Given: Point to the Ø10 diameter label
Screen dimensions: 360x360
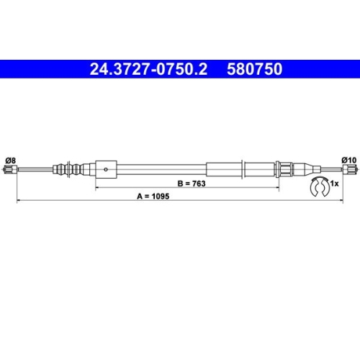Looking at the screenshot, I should (348, 160).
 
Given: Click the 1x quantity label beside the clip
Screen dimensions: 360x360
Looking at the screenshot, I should (335, 185).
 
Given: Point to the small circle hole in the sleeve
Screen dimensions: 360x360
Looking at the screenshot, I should (106, 170).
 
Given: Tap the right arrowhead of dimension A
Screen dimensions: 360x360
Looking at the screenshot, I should (341, 199).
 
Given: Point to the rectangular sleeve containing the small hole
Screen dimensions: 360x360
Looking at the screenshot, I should (106, 170).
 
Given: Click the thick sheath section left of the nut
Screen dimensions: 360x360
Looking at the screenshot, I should (225, 170).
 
